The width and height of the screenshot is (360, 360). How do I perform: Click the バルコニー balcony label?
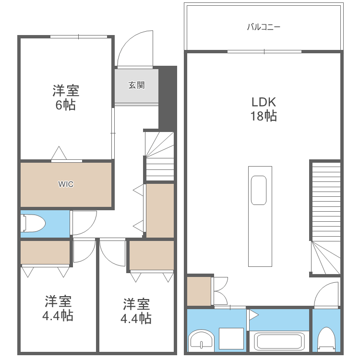tap(264, 27)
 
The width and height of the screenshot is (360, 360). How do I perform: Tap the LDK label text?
tap(264, 102)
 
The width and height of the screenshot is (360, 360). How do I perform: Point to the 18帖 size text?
tap(264, 116)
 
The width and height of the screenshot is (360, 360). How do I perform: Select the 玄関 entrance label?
tap(136, 85)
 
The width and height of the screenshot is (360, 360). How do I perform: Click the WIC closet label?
tap(66, 184)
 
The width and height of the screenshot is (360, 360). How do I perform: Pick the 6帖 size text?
tap(65, 105)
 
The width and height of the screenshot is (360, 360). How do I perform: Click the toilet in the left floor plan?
tap(33, 223)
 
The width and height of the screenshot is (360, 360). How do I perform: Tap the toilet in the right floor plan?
tap(326, 339)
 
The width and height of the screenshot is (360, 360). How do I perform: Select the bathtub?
tap(279, 342)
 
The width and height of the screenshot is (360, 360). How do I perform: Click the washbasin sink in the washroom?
tap(201, 341)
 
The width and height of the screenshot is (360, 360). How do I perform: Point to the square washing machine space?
tap(231, 338)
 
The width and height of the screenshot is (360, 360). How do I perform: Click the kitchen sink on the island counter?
tap(259, 191)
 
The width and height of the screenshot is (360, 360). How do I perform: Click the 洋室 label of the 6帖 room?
tap(66, 91)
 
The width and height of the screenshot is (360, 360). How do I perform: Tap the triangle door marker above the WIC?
tap(59, 153)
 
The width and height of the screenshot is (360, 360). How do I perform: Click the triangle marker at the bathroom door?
tap(253, 315)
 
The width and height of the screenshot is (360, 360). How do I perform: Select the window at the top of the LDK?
tap(264, 51)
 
